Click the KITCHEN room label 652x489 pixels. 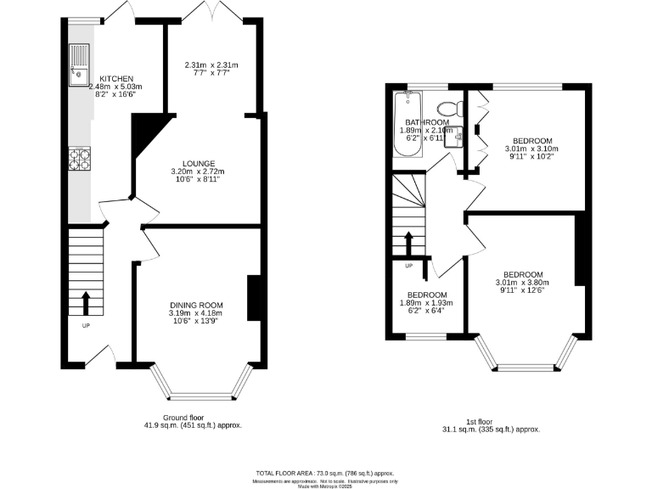pyautogui.click(x=115, y=78)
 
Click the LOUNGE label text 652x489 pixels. pyautogui.click(x=198, y=163)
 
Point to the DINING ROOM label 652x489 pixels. pyautogui.click(x=196, y=305)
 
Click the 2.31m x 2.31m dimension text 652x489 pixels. pyautogui.click(x=211, y=65)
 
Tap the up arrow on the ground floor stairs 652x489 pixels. pyautogui.click(x=86, y=302)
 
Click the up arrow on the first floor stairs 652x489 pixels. pyautogui.click(x=408, y=242)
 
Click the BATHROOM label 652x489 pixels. pyautogui.click(x=426, y=122)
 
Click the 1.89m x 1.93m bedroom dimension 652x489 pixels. pyautogui.click(x=426, y=302)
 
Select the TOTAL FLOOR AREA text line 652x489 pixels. pyautogui.click(x=325, y=473)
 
